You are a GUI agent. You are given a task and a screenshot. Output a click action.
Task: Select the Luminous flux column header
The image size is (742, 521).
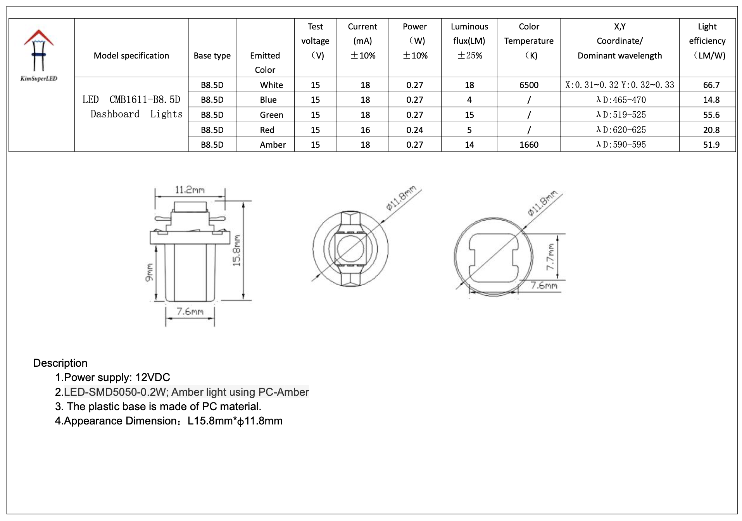tap(469, 41)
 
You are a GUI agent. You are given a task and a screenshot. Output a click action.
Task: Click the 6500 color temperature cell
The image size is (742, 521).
tap(529, 85)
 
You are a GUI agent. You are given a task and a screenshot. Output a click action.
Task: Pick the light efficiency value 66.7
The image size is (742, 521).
tap(711, 85)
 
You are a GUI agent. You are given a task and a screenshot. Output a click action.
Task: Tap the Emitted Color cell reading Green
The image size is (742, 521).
tap(271, 115)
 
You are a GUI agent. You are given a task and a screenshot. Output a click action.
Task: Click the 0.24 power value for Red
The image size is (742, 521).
tap(414, 130)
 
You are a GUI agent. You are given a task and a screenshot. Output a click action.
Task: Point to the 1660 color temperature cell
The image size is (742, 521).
tap(529, 145)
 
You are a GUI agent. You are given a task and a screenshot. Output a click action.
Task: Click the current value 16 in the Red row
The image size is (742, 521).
tap(365, 130)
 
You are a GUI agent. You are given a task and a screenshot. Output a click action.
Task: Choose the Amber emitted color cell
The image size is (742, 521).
tap(273, 145)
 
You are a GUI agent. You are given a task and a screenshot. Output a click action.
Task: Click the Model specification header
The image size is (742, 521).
tap(131, 56)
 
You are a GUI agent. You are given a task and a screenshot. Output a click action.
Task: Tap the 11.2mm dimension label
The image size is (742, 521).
tap(190, 190)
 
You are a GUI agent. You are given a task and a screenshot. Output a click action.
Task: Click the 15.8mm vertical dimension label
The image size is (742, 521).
tap(236, 250)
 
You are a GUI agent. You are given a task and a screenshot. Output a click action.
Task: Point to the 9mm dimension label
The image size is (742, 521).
tap(149, 273)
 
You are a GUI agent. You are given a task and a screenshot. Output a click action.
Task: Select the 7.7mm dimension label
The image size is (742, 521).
tap(550, 257)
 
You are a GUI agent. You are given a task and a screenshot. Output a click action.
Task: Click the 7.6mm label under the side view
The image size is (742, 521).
tap(190, 312)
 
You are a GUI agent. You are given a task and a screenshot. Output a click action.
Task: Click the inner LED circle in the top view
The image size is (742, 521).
tap(350, 248)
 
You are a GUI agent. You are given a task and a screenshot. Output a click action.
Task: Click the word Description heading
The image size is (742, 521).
tap(60, 363)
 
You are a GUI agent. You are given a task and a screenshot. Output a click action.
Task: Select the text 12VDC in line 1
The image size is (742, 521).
tap(152, 378)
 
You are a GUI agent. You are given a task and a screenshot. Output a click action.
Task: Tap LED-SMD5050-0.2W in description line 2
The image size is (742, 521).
tap(115, 392)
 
